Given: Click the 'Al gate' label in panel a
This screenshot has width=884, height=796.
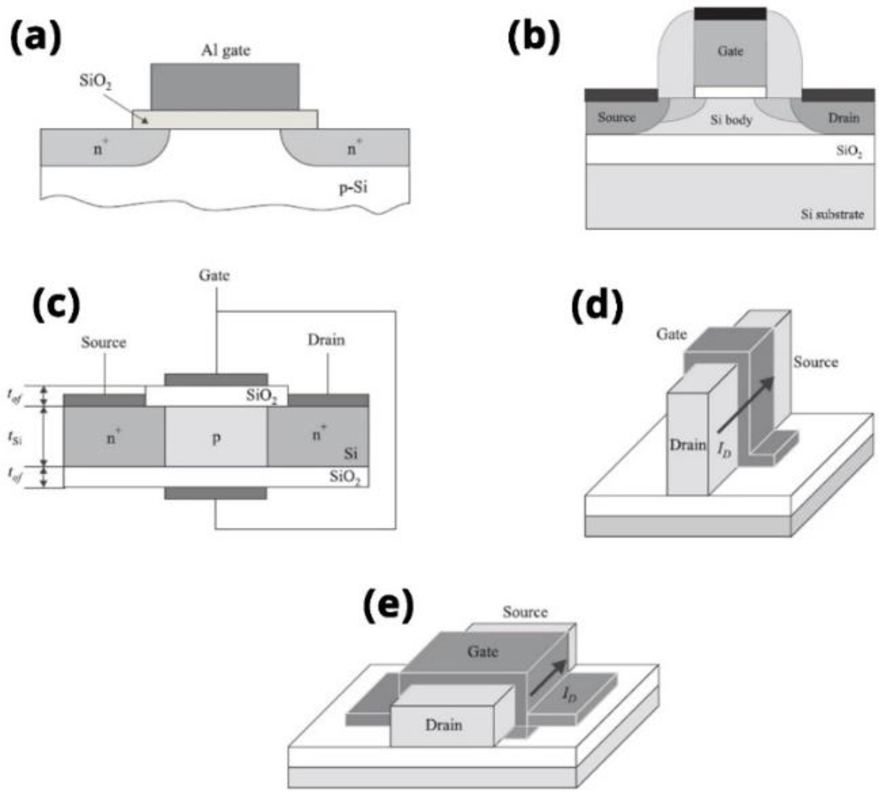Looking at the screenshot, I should (x=226, y=51).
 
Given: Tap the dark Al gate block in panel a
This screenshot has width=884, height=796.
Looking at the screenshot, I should (x=225, y=86).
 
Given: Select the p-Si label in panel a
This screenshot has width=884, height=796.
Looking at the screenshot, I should (x=353, y=188).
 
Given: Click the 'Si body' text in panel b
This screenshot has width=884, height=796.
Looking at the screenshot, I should (x=731, y=120).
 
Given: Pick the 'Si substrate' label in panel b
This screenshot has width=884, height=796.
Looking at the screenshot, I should (x=832, y=214).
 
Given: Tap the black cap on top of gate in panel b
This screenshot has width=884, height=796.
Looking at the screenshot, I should (x=730, y=14).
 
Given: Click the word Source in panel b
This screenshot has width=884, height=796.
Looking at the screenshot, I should (x=616, y=117).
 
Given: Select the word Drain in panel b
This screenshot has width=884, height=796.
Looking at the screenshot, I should (x=843, y=118).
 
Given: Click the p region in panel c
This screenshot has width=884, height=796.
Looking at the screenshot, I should (x=216, y=437).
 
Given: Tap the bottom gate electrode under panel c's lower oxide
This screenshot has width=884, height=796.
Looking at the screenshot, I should (x=216, y=493).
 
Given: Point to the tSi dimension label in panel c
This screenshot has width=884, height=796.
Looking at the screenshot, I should (x=15, y=437).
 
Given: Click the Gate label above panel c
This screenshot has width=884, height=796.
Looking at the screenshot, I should (x=214, y=275).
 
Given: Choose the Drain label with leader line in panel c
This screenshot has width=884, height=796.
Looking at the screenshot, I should (x=326, y=340).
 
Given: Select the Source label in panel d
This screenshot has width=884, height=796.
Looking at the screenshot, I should (x=816, y=362).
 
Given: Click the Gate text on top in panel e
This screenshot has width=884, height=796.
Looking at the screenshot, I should (x=483, y=652).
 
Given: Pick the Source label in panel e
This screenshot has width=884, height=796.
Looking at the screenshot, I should (x=525, y=612).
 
